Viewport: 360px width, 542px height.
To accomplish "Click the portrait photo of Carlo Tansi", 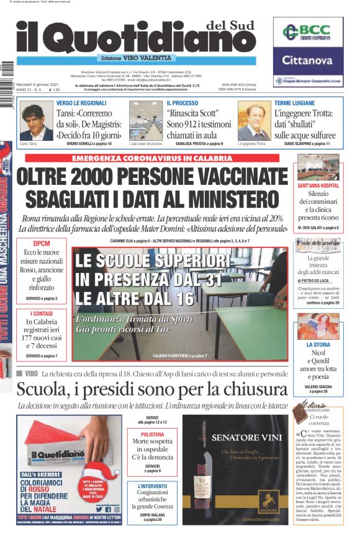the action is click(36, 121).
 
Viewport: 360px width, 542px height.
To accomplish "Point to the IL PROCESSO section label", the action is click(182, 102).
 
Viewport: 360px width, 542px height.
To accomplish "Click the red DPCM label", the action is click(42, 244).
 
